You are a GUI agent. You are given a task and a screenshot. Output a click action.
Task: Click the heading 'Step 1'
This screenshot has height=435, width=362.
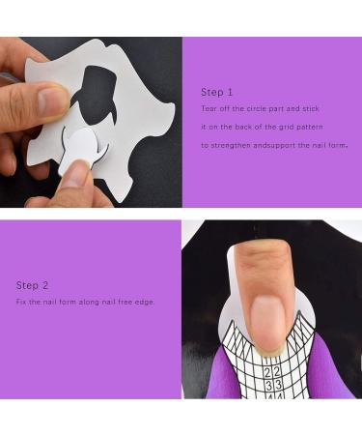click(217, 92)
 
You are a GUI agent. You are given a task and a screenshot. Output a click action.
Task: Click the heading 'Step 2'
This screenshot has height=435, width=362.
click(32, 285)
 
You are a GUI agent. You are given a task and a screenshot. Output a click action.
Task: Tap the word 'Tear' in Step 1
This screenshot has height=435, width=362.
click(209, 110)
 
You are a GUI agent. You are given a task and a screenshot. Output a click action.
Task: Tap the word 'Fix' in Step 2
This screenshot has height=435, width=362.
click(21, 303)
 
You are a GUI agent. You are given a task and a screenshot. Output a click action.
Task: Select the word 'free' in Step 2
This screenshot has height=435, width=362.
click(124, 303)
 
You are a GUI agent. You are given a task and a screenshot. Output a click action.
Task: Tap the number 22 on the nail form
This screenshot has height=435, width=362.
click(273, 372)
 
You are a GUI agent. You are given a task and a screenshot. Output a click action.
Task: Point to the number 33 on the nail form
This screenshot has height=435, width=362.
click(273, 385)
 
